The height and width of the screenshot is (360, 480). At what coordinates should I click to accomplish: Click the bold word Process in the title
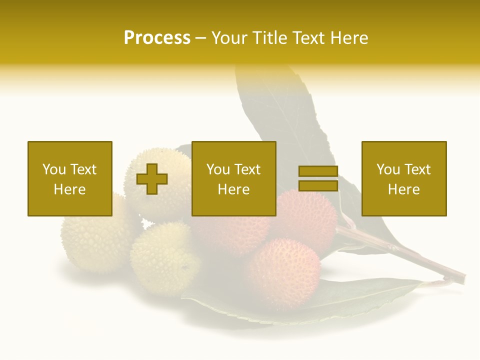157,38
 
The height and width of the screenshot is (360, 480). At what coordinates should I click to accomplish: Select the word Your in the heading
228,38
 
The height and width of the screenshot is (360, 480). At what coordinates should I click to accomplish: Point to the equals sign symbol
318,178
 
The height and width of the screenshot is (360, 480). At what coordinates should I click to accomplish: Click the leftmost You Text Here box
70,178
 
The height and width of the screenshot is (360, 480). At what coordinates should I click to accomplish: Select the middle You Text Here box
233,178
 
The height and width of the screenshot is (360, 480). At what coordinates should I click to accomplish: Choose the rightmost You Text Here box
404,178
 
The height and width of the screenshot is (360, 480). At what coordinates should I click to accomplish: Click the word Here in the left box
69,189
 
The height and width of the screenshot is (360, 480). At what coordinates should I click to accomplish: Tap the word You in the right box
388,169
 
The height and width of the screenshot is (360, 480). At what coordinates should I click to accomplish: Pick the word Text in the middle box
247,169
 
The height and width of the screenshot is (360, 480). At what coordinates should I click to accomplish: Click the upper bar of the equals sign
318,171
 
